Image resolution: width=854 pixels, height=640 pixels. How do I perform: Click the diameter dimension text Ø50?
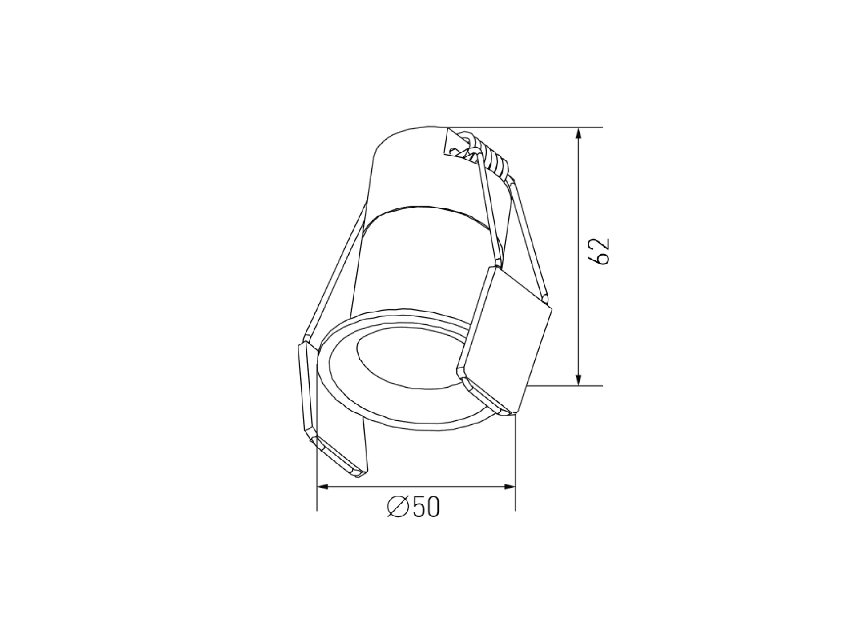[413, 507]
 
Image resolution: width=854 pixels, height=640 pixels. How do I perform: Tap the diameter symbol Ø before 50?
[398, 507]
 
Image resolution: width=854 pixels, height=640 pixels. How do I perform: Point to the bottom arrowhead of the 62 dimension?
[578, 379]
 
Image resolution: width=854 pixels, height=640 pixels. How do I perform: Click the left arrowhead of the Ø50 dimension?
[322, 487]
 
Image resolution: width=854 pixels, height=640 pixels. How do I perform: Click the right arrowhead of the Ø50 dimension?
[509, 487]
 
